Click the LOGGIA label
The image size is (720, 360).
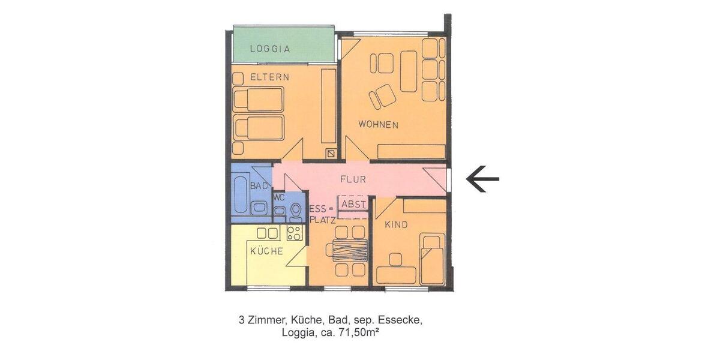click(270, 49)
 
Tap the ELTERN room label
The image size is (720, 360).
click(269, 77)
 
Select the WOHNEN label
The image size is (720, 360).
click(378, 125)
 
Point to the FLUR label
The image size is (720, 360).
click(353, 179)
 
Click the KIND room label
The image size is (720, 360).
click(396, 225)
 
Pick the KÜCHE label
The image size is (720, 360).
click(266, 251)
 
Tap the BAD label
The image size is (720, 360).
click(259, 187)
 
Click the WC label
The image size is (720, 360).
click(278, 197)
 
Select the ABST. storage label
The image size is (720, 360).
click(352, 204)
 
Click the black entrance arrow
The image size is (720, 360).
click(482, 179)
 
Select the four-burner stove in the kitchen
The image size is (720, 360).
click(294, 232)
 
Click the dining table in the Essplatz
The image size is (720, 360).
click(350, 250)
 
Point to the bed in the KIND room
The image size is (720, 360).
click(431, 257)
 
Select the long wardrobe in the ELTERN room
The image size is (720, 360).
click(328, 106)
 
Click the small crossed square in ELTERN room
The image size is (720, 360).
click(331, 154)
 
